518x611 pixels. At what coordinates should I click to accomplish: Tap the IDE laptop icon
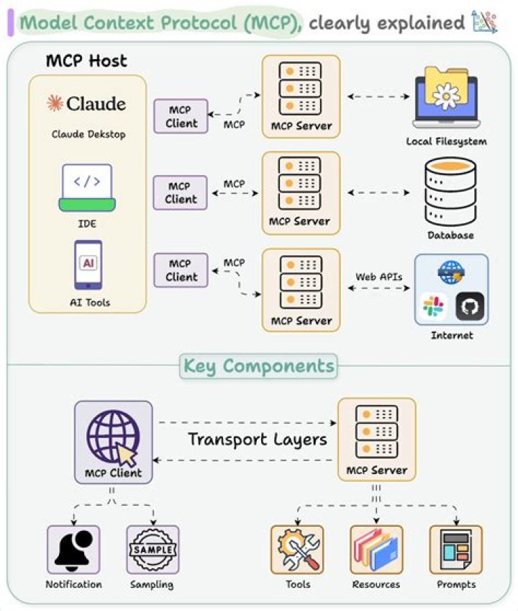[86, 187]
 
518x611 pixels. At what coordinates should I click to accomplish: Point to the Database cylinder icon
[450, 190]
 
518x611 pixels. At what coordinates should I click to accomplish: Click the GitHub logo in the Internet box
[469, 306]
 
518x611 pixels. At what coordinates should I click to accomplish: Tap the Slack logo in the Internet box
[434, 307]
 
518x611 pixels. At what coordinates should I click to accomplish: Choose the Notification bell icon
[73, 550]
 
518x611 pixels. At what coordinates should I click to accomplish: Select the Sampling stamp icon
[152, 550]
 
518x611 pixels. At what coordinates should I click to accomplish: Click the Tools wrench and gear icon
[296, 550]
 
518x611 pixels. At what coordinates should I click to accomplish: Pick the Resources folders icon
[376, 550]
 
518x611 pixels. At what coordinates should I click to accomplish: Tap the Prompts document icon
[455, 550]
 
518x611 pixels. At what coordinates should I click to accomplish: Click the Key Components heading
[258, 366]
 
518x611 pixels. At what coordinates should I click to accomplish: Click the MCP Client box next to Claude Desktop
[181, 117]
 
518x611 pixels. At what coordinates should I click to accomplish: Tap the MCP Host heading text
[86, 61]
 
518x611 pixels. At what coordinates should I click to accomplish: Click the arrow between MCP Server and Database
[378, 193]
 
